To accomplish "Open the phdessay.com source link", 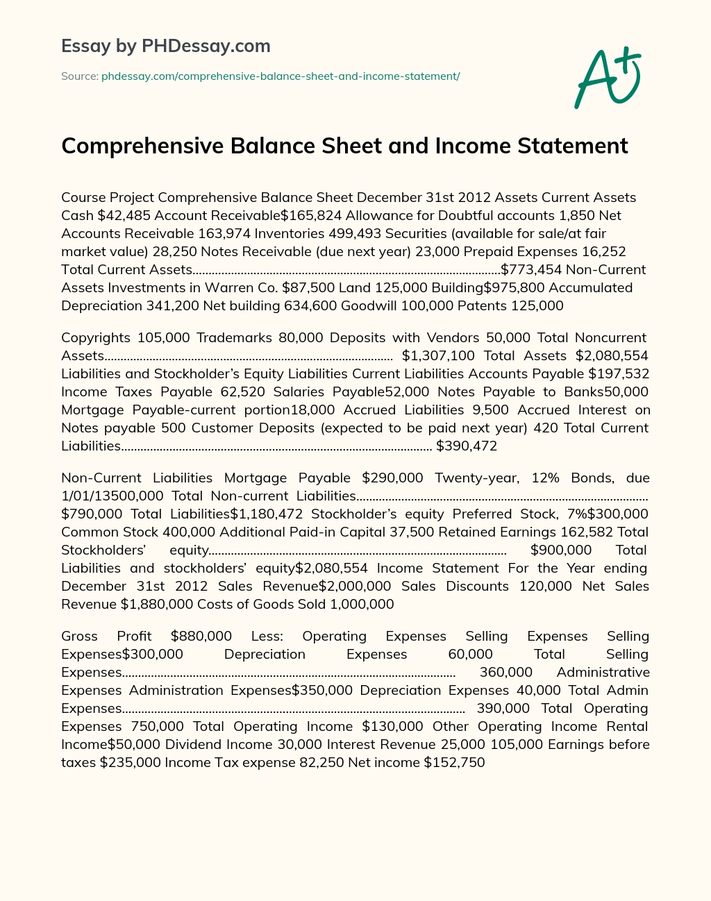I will (281, 76).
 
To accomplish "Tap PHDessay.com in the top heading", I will (206, 46).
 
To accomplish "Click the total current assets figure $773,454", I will (531, 269).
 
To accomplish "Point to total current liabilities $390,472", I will (467, 446).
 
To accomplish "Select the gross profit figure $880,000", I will (201, 636).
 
